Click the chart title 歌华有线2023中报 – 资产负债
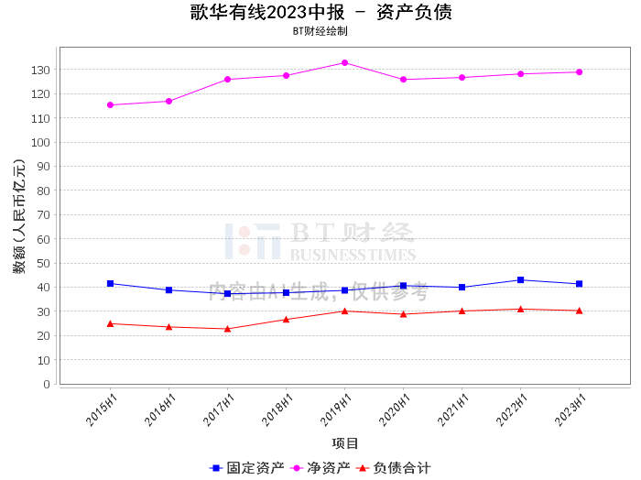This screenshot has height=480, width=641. point(320,12)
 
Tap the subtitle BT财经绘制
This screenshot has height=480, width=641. point(320,31)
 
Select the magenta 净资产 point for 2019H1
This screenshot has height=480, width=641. point(344,63)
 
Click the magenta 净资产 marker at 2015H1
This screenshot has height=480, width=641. point(110,105)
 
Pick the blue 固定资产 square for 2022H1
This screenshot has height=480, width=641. point(520,280)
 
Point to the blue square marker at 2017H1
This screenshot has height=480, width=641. point(227,293)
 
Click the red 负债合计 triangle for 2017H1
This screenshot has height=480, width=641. point(227,329)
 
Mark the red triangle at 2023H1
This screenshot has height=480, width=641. point(579,311)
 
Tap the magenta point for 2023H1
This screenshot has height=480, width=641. point(579,72)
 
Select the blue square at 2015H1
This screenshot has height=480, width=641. point(110,284)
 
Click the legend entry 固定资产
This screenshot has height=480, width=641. point(246,468)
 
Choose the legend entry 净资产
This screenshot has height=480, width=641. point(320,468)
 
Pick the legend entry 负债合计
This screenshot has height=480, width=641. point(393,468)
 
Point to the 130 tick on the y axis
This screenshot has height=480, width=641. point(40,70)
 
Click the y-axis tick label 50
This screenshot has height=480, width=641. point(43,263)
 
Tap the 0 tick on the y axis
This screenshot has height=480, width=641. point(47,385)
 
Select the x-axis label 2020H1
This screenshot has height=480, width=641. point(395,409)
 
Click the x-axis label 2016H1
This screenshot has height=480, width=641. point(160,409)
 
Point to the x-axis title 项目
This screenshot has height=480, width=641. point(345,443)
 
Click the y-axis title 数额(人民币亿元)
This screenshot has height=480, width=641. point(19,216)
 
